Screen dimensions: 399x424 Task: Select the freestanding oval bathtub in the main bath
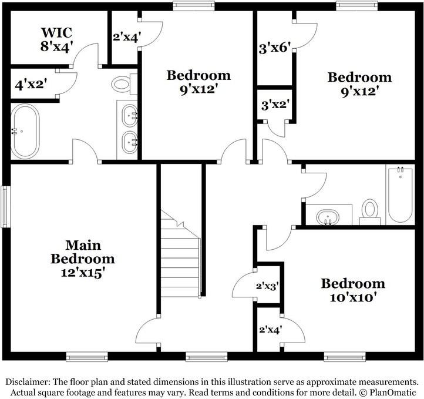point(25,131)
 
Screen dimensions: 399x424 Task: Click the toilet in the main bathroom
point(123,84)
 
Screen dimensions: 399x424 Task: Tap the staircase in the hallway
point(181,256)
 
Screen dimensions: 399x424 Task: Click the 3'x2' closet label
point(274,106)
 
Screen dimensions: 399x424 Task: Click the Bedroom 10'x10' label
point(352,290)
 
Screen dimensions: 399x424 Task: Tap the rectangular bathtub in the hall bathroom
point(400,194)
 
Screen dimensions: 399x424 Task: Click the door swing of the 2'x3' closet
point(244,287)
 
